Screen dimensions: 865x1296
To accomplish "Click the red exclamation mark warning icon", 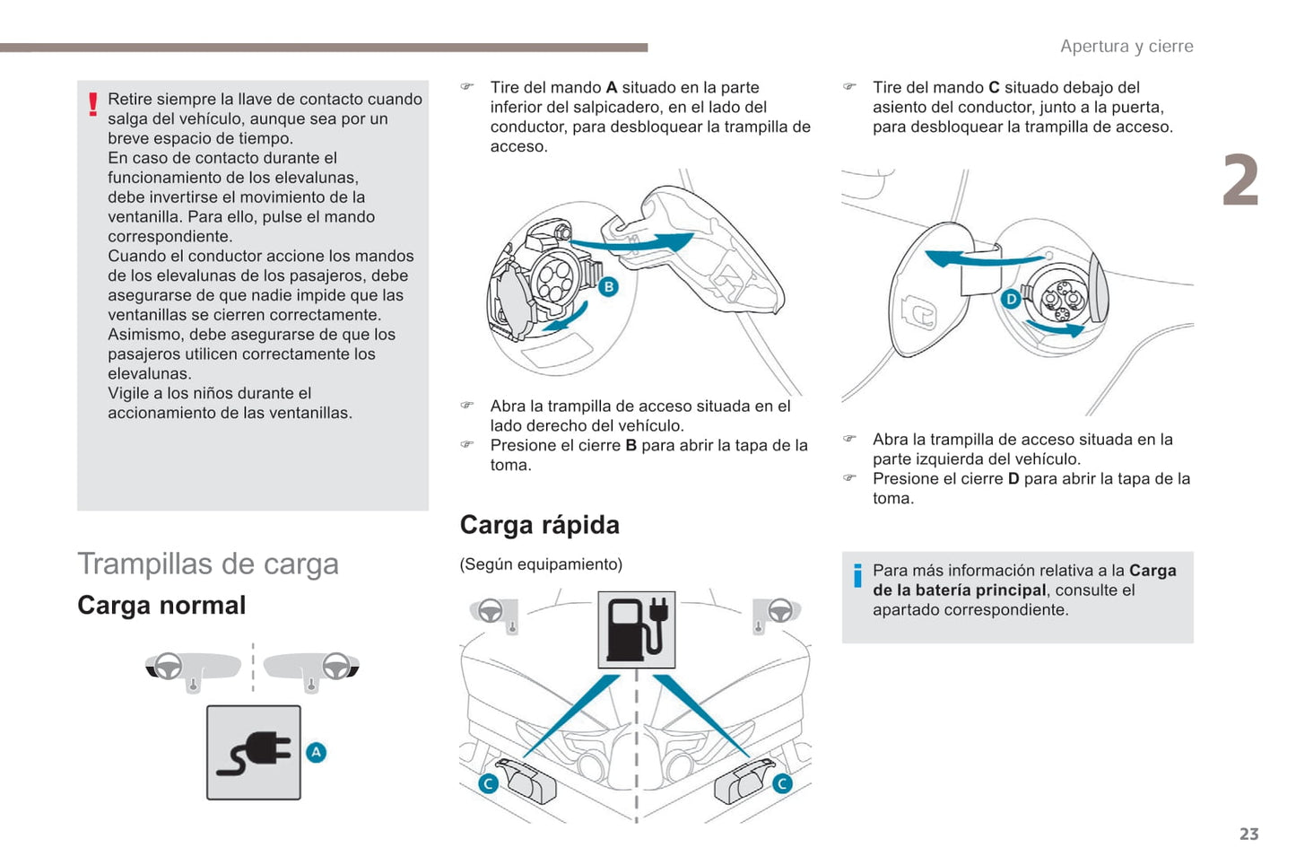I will [92, 105].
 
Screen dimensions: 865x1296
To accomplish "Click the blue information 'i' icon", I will [857, 575].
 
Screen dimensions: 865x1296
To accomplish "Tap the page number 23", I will [1248, 834].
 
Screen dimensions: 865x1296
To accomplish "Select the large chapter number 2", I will [1240, 180].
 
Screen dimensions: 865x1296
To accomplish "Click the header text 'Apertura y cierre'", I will [1126, 47].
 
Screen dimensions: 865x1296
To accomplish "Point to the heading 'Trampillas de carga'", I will [208, 564].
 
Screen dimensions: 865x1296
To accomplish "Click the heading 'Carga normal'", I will [161, 606].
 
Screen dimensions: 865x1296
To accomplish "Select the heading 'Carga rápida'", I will [539, 525].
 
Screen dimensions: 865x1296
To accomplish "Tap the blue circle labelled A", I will [317, 752].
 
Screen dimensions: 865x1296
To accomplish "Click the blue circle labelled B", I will [608, 286].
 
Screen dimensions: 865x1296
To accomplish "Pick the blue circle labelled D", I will [1011, 299].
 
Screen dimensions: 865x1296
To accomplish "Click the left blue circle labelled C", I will [488, 783].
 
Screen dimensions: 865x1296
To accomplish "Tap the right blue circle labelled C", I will [782, 783].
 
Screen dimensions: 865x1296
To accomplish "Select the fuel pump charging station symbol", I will [636, 629].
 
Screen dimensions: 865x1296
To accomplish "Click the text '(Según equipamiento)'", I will [541, 564].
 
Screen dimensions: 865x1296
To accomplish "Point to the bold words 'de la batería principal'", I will [960, 590].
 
